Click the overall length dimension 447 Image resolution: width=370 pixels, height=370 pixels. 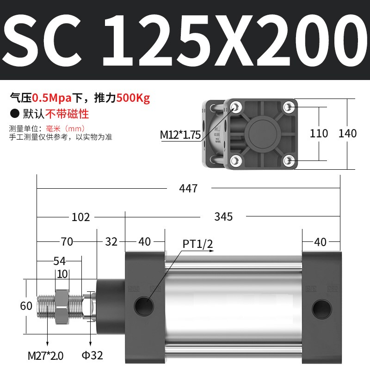pyautogui.click(x=188, y=189)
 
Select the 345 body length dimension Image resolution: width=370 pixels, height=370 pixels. pyautogui.click(x=223, y=216)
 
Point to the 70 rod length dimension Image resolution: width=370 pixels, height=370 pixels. pyautogui.click(x=67, y=241)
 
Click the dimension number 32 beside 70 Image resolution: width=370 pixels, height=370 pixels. pyautogui.click(x=111, y=241)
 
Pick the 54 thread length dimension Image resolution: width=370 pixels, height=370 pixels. pyautogui.click(x=59, y=261)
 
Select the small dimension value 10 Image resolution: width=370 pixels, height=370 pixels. pyautogui.click(x=62, y=273)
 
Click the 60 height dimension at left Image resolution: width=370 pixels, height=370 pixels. pyautogui.click(x=27, y=306)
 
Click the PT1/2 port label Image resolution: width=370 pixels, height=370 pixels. pyautogui.click(x=197, y=244)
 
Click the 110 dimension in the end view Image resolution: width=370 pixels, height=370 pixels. pyautogui.click(x=319, y=134)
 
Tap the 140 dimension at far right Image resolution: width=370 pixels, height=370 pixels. pyautogui.click(x=347, y=134)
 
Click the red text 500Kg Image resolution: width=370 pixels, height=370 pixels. pyautogui.click(x=133, y=98)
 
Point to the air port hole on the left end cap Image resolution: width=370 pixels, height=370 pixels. pyautogui.click(x=145, y=306)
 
